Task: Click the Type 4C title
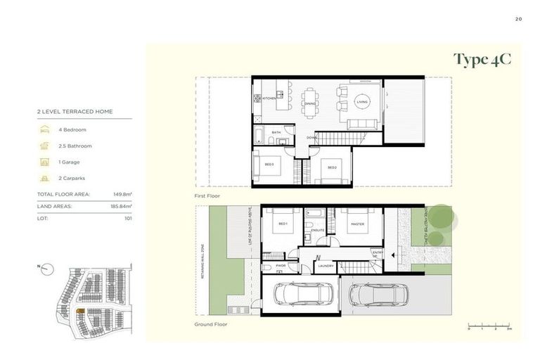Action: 482,59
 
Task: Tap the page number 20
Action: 518,19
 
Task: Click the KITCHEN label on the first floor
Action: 269,98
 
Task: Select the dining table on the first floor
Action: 310,103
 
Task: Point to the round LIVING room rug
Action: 362,102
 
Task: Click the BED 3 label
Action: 269,164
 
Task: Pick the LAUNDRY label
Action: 326,266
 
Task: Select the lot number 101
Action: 127,219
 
